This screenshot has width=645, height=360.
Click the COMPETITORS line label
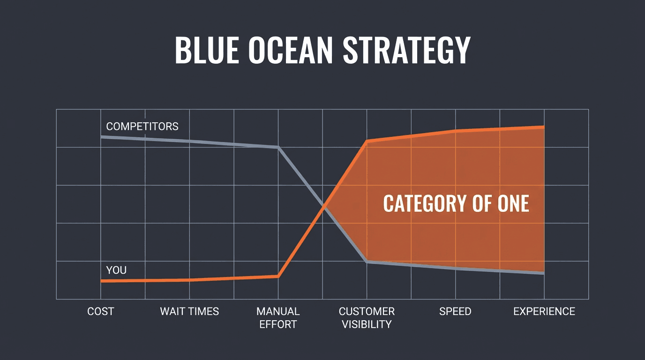(142, 127)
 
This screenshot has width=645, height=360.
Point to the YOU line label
(116, 270)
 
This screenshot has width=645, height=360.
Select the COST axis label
(100, 312)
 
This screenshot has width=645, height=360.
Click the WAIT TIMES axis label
(189, 312)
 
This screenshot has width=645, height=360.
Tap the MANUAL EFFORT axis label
(278, 318)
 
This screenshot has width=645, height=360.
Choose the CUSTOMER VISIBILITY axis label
(367, 318)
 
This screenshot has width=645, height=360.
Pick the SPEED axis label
(455, 312)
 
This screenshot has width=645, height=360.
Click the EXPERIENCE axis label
(544, 312)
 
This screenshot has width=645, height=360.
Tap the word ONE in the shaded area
(513, 204)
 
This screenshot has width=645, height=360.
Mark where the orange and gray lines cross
(323, 206)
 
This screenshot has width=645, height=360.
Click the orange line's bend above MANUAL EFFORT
(278, 276)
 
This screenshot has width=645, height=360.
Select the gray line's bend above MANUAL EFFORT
(278, 147)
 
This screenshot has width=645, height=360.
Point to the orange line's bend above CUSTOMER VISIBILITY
(367, 141)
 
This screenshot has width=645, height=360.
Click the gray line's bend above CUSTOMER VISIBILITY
(367, 262)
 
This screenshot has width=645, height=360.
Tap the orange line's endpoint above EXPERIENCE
(543, 127)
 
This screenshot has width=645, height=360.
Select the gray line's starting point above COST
(101, 137)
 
